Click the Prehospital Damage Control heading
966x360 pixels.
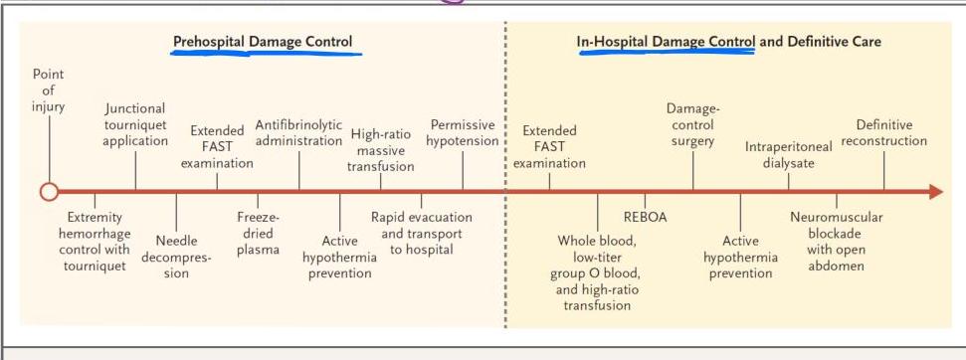[x=263, y=42]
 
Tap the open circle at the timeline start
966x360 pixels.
[x=49, y=192]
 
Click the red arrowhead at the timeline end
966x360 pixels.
[x=936, y=192]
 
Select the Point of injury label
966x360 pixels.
[x=48, y=90]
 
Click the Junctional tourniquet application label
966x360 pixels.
[x=135, y=125]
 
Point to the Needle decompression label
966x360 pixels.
[x=176, y=257]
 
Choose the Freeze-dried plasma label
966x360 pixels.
[x=258, y=234]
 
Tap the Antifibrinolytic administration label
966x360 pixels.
[x=298, y=133]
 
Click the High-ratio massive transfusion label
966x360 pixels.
[x=381, y=150]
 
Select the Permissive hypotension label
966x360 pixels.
[x=463, y=133]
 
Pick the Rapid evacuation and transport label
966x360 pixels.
[x=422, y=234]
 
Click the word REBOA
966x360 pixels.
[x=645, y=217]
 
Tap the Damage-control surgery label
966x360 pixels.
[x=693, y=125]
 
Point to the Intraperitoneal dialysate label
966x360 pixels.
[x=789, y=155]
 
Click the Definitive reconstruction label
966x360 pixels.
[x=884, y=133]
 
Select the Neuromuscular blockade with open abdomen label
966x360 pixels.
[x=836, y=242]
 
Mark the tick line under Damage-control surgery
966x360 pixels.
[x=693, y=170]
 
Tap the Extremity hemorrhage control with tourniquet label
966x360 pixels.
[x=95, y=242]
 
